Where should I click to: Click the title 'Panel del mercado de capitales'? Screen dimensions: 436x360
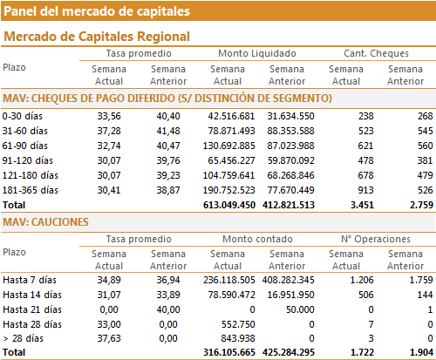[x=97, y=11]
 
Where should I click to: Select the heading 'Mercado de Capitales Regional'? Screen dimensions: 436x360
[x=97, y=37]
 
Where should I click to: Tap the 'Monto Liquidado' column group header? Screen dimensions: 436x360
[x=257, y=53]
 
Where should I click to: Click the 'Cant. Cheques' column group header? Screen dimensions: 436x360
[x=376, y=53]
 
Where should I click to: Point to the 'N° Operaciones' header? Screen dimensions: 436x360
[x=376, y=239]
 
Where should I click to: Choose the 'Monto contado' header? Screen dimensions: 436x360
[x=257, y=239]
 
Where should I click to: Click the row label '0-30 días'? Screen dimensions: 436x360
[x=23, y=116]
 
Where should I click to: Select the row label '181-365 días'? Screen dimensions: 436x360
[x=31, y=190]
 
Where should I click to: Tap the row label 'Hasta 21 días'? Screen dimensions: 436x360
[x=32, y=309]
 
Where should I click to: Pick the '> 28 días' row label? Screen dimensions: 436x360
[x=24, y=338]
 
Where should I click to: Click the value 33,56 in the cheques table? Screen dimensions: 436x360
[x=109, y=116]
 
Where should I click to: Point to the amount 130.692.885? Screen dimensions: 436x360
[x=229, y=146]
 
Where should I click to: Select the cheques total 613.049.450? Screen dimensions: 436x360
[x=229, y=205]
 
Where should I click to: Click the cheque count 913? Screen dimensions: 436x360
[x=365, y=190]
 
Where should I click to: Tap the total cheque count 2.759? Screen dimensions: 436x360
[x=421, y=205]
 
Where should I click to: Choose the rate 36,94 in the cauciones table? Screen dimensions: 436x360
[x=168, y=280]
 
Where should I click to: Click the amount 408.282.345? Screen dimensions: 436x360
[x=289, y=280]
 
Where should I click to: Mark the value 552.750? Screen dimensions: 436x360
[x=238, y=324]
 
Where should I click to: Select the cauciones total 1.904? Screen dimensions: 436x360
[x=421, y=352]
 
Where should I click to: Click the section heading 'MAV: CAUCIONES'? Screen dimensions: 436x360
[x=45, y=222]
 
